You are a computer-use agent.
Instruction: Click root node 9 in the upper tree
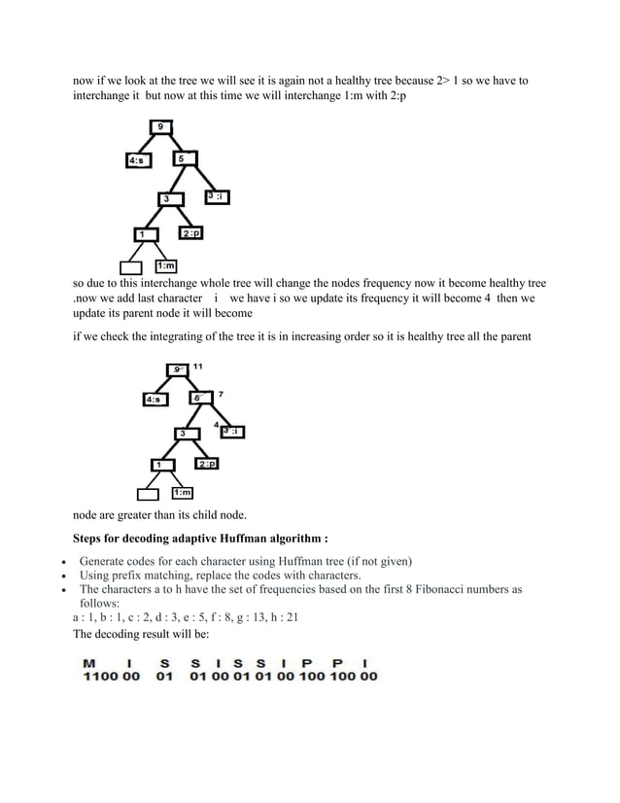(x=160, y=125)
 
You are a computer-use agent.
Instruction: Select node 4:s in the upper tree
(x=140, y=160)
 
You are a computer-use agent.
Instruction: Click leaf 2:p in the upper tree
(x=190, y=233)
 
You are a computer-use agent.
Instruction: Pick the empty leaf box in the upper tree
(x=130, y=267)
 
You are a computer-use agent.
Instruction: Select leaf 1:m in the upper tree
(x=166, y=266)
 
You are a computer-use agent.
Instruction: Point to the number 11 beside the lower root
(x=197, y=366)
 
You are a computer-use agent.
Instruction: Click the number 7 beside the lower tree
(x=221, y=395)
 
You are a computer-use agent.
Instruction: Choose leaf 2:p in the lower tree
(x=206, y=464)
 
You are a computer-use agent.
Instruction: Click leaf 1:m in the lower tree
(x=183, y=495)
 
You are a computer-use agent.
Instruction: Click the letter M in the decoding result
(x=90, y=663)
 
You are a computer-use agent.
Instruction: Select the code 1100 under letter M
(x=98, y=677)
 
